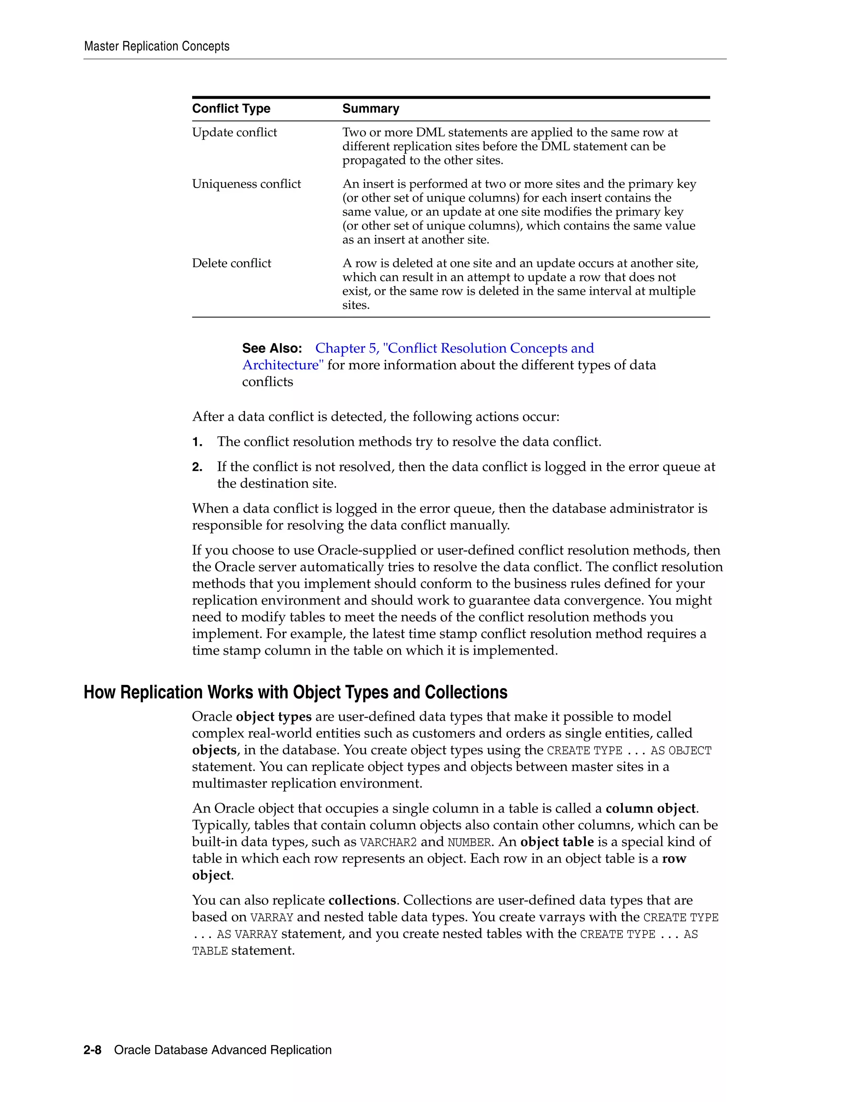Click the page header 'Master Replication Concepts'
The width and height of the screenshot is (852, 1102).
[x=156, y=47]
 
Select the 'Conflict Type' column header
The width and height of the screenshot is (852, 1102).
[x=231, y=109]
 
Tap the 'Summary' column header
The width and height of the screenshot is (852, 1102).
[x=371, y=109]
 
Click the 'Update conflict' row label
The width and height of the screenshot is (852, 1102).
[x=234, y=132]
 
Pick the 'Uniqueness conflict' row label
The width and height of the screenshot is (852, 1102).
[x=246, y=184]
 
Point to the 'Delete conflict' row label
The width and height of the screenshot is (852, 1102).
[x=231, y=263]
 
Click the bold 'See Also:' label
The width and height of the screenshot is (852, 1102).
[x=272, y=348]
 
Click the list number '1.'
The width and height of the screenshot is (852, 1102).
[x=197, y=442]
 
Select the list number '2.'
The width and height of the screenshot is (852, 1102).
[x=197, y=467]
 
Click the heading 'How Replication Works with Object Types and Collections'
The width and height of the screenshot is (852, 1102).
[x=295, y=692]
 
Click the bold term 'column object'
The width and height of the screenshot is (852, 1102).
[x=650, y=808]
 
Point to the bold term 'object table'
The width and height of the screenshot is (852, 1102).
[x=557, y=842]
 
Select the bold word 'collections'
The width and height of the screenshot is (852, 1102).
[x=362, y=900]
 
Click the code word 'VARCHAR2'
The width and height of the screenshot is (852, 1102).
[x=388, y=843]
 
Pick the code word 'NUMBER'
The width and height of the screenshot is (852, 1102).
[x=469, y=843]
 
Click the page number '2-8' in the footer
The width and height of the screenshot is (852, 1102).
[x=92, y=1050]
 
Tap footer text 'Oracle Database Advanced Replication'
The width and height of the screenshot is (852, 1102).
[x=223, y=1050]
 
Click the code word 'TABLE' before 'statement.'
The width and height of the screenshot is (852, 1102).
[x=210, y=951]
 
